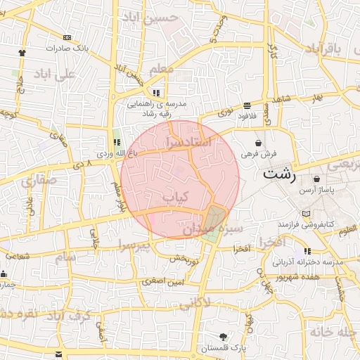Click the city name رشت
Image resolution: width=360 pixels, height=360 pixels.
coord(280,174)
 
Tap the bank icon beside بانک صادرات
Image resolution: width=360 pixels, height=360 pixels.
coord(67,37)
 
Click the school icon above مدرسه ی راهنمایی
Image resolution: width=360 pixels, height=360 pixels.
coord(156,92)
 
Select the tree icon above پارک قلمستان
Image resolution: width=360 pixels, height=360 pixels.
coord(223,336)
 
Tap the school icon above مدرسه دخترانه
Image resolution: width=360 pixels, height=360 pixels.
coord(307,250)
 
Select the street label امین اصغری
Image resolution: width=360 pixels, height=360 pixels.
coord(163,281)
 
